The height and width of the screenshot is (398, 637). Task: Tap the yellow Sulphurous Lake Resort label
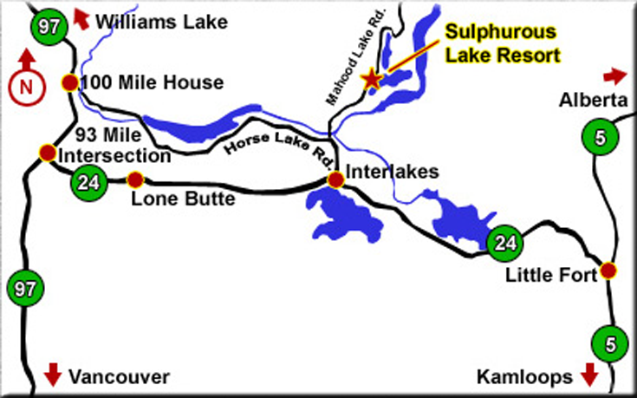coord(502,43)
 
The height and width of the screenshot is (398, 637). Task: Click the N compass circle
coord(25,85)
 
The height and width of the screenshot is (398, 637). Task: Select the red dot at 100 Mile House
coord(69,83)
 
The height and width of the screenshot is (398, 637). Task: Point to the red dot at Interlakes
coord(335,179)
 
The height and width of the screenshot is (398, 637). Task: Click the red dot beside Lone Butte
coord(134,180)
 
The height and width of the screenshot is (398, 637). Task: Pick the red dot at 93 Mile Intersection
coord(47,153)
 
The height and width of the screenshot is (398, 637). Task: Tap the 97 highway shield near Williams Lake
coord(49,25)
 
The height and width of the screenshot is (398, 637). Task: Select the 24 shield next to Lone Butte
coord(87,181)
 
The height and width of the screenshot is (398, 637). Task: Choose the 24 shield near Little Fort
coord(504,242)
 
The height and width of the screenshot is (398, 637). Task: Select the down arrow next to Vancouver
coord(52,375)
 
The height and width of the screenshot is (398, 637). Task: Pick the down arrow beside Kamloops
coord(591,375)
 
